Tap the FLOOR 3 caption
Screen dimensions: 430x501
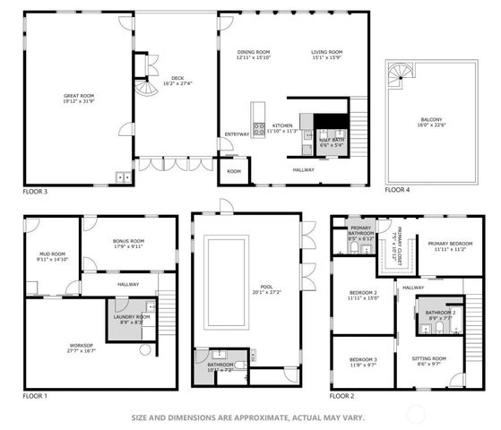click(35, 191)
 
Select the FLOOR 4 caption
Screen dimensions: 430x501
click(398, 191)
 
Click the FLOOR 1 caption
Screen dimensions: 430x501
click(35, 395)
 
